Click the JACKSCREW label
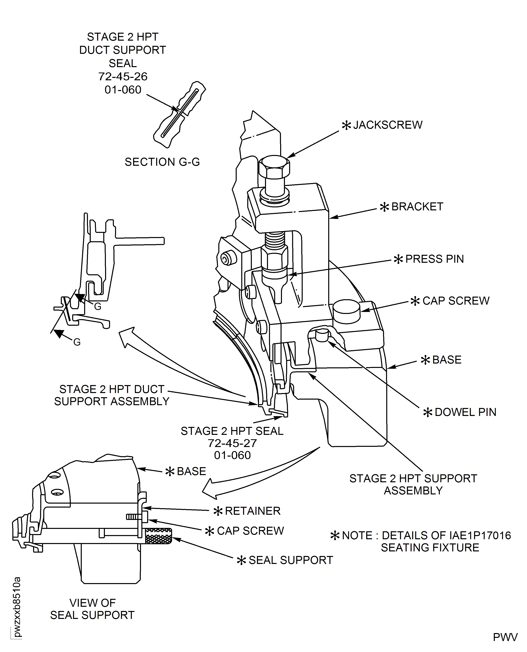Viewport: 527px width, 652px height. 387,125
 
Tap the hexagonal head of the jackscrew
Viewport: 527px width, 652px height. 274,167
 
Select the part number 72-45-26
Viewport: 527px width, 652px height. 123,76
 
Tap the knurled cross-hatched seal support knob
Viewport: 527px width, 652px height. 159,536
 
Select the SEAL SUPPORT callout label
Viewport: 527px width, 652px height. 291,560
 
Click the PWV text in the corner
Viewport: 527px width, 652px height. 505,637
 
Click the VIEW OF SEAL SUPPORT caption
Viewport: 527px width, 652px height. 92,609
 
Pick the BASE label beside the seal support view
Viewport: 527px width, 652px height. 191,471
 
